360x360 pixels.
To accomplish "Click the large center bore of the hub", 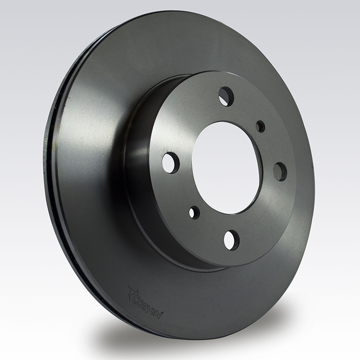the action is tap(226, 168).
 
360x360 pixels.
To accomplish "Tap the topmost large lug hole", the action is tap(226, 95).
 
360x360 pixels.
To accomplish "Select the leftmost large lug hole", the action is tap(171, 163).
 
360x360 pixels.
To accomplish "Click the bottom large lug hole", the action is tap(231, 240).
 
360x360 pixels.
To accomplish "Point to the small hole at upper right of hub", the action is tap(261, 126).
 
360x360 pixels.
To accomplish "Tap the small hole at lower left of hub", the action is tap(194, 212).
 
